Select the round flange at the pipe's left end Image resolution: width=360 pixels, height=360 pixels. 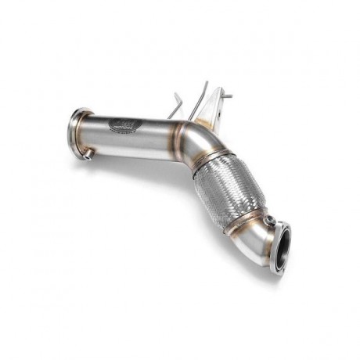tap(76, 134)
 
